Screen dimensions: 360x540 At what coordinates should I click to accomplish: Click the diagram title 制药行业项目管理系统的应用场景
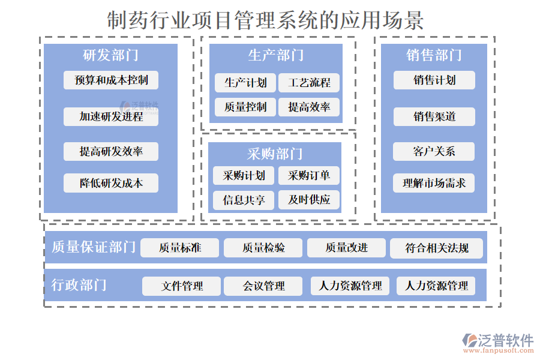(x=265, y=20)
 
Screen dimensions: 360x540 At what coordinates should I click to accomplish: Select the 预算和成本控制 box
(x=111, y=80)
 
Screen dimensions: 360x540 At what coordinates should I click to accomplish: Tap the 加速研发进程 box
(x=111, y=116)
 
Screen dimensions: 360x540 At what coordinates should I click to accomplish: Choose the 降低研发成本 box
(x=111, y=183)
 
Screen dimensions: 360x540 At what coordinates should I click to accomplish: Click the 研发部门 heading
(x=110, y=55)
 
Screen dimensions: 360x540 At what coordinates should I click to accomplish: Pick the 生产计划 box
(x=245, y=83)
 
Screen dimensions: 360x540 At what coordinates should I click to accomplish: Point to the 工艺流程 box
(x=309, y=83)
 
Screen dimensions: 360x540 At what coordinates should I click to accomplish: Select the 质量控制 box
(x=245, y=107)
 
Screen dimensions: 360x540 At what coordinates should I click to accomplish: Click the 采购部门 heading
(x=275, y=154)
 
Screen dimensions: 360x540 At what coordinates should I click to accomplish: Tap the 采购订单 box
(x=309, y=176)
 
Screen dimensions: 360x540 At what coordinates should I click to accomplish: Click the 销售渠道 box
(x=434, y=116)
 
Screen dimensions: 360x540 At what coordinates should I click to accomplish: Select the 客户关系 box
(x=434, y=151)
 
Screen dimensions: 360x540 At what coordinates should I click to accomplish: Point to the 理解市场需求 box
(x=434, y=183)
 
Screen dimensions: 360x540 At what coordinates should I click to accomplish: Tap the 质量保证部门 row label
(x=94, y=247)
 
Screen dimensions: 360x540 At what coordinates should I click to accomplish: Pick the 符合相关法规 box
(x=436, y=248)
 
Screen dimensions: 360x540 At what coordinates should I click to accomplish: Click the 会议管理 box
(x=263, y=286)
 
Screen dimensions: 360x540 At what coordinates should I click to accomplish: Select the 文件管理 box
(x=182, y=286)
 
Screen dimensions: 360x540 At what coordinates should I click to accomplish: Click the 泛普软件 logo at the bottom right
(x=497, y=343)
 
